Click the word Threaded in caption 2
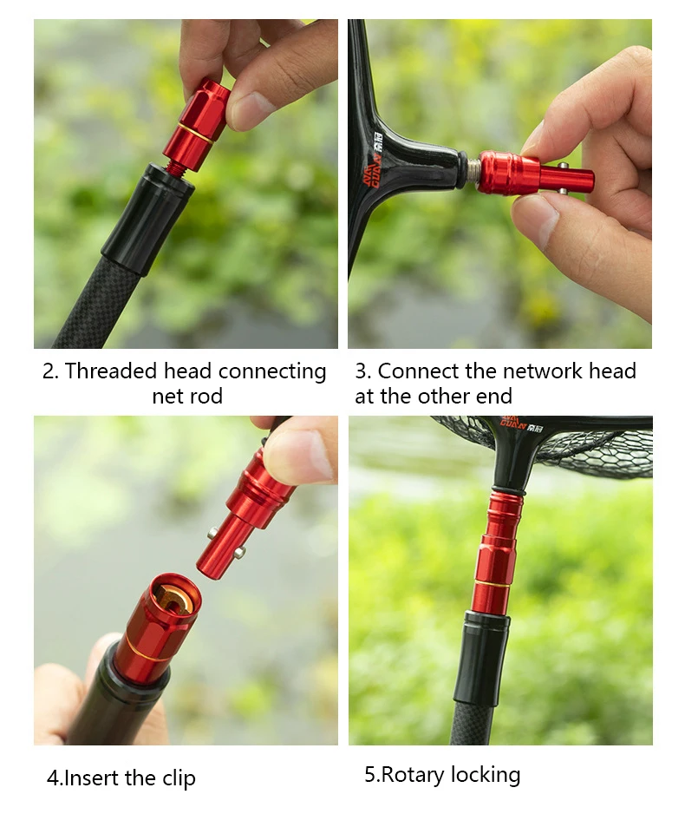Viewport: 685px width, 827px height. tap(111, 371)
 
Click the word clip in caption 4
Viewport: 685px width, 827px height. tap(178, 778)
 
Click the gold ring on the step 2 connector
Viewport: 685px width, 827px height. tap(194, 132)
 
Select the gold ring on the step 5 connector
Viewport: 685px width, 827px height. tap(492, 584)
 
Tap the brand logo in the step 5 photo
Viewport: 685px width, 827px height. tap(514, 422)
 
